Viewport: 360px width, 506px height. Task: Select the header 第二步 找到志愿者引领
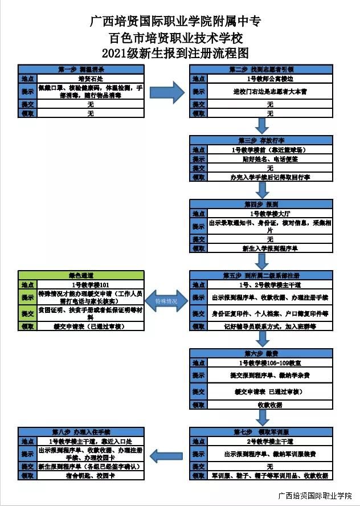coord(261,70)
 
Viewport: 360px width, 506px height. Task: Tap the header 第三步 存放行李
coord(261,140)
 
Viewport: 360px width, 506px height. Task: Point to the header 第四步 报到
coord(261,203)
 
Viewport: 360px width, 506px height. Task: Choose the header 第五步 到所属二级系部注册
coord(261,275)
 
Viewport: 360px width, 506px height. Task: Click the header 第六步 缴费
coord(261,353)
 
